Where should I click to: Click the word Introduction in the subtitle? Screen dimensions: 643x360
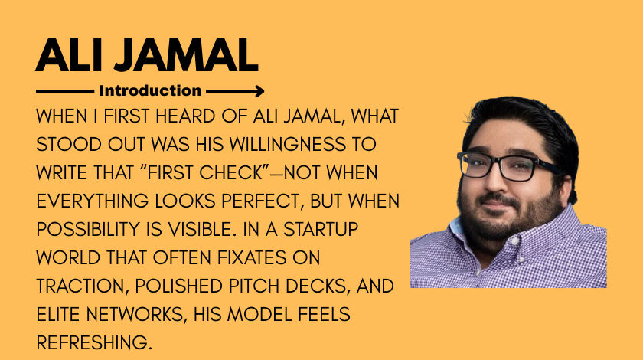(150, 90)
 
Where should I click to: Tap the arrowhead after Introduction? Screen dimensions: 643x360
(259, 91)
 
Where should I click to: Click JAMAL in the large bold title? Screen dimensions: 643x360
(186, 55)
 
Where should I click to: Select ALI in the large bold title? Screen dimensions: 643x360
(68, 55)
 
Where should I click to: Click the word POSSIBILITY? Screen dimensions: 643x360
(88, 230)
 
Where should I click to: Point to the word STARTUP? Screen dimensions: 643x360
(321, 230)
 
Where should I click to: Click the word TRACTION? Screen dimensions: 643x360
(80, 286)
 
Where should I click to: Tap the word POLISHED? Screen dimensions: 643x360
(179, 286)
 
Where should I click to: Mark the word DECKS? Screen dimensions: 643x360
(318, 286)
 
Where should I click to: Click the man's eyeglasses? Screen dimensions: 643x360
(508, 166)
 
